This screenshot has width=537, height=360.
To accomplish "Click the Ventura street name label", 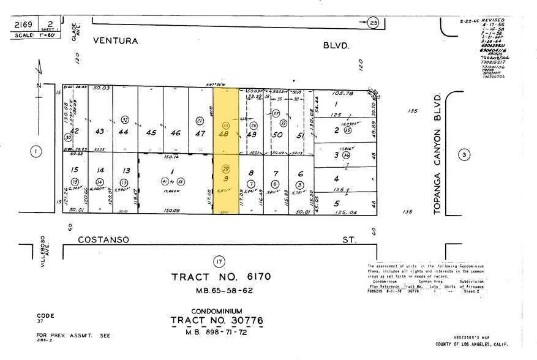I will (x=116, y=42).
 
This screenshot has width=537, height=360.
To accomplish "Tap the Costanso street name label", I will (x=103, y=240).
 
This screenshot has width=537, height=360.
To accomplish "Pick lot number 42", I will (x=74, y=132).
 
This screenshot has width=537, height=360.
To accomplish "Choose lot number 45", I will (x=149, y=132).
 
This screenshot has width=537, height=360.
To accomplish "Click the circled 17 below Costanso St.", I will (x=219, y=261).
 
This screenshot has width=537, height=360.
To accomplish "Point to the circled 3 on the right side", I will (x=465, y=156).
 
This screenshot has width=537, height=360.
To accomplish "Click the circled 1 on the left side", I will (x=36, y=152).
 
